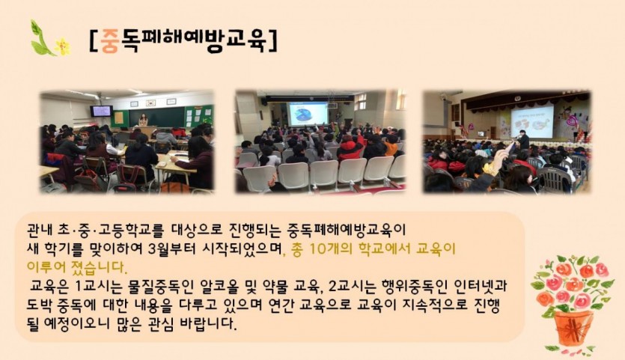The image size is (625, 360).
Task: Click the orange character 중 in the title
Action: (109, 41)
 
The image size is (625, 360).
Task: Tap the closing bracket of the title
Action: (272, 41)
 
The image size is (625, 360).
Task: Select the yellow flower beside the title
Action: (62, 46)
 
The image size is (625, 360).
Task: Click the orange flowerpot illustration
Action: (573, 328)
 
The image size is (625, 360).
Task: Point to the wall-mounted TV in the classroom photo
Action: (101, 111)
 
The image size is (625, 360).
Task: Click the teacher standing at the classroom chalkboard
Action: (143, 120)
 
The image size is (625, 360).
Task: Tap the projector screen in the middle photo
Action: (307, 114)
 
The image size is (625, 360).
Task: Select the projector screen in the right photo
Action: (532, 121)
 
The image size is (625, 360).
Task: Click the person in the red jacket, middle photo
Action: (350, 147)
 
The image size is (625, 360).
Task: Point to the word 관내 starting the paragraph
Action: (39, 230)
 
